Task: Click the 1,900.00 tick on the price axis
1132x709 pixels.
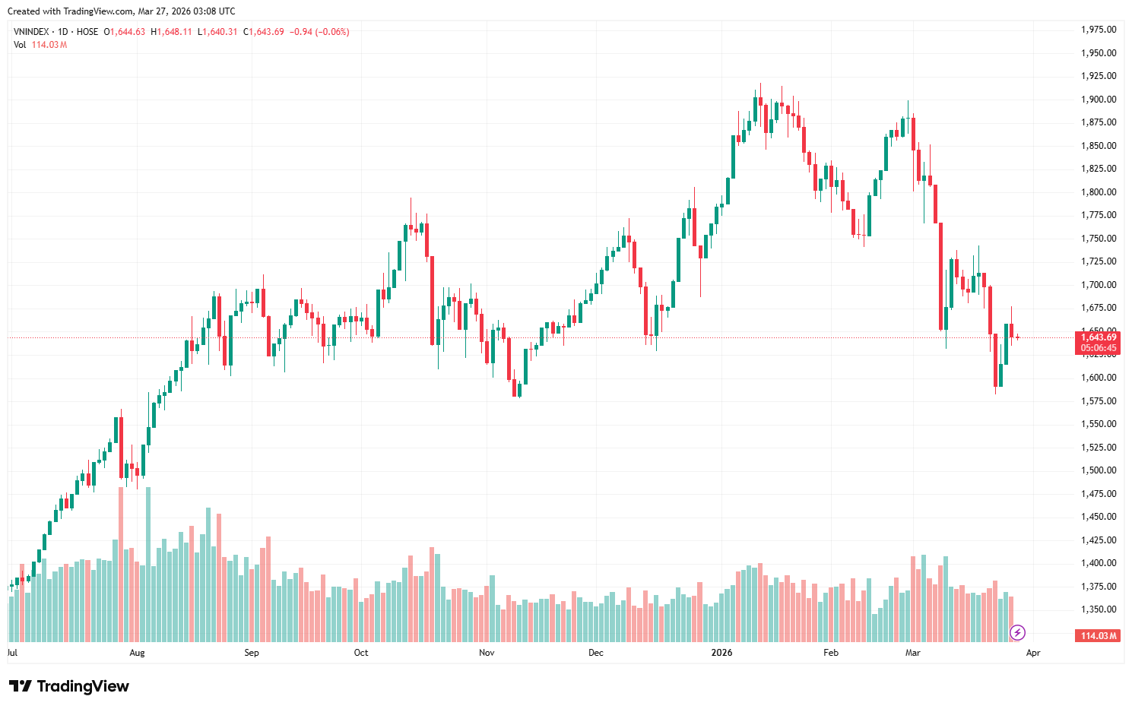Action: [1099, 100]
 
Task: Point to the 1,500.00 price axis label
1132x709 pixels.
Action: [1099, 470]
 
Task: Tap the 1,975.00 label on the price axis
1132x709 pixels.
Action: [1099, 30]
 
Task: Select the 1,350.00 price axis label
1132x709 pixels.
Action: [1099, 609]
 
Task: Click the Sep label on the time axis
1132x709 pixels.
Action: [252, 653]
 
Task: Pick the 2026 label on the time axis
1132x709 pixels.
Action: [721, 653]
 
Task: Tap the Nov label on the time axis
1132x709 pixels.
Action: [487, 653]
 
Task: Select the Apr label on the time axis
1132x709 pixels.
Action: [1033, 653]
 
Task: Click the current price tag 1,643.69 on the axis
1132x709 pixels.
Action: [1099, 337]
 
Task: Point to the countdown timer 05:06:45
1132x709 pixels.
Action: [1099, 349]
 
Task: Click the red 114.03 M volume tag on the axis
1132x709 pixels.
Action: [1099, 636]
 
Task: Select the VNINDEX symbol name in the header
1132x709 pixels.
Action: [31, 32]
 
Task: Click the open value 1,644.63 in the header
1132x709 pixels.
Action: [127, 32]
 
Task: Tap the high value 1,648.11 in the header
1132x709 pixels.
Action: [174, 32]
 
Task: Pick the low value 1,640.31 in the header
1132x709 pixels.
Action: [220, 32]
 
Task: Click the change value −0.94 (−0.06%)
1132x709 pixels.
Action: [319, 32]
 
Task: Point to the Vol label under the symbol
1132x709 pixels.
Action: [20, 45]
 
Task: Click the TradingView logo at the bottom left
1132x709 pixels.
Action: [69, 686]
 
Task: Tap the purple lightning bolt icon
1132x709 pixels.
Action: [1017, 632]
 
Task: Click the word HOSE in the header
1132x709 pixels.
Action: [87, 32]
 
